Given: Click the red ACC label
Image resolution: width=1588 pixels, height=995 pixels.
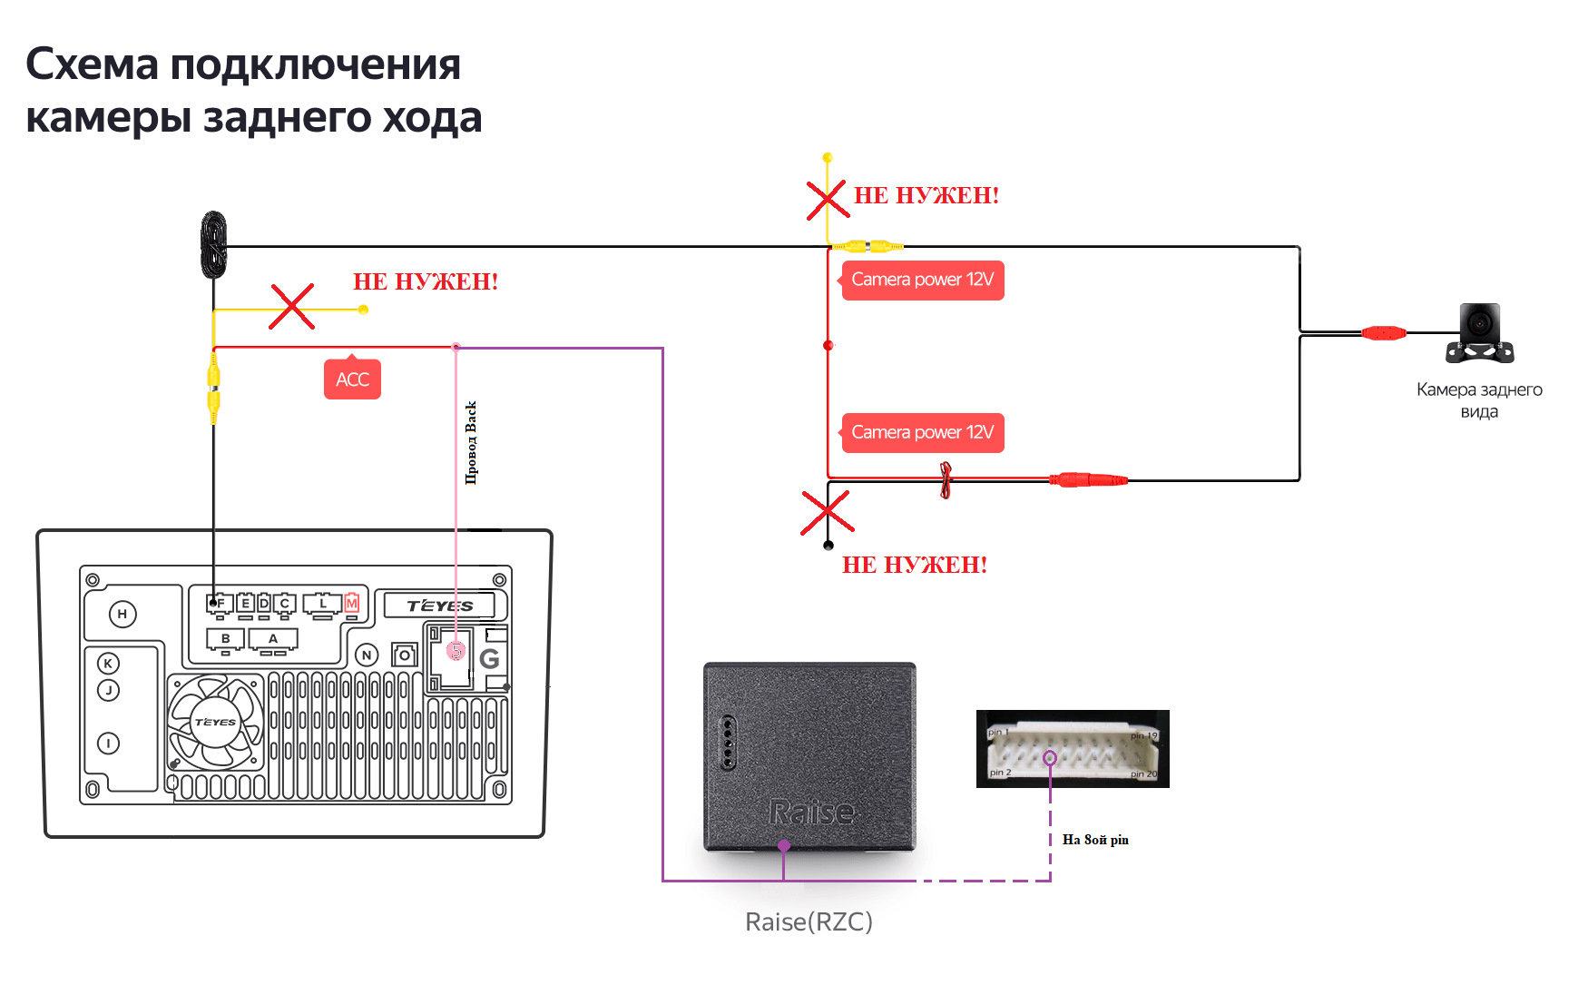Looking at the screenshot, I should [352, 379].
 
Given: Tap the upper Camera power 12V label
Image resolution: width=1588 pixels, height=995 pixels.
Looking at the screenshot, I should [922, 280].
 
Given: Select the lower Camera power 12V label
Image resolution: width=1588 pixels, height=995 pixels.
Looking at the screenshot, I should [922, 433].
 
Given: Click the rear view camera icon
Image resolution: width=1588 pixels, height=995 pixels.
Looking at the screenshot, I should [1480, 333].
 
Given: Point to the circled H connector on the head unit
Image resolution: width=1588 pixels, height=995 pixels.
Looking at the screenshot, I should [123, 615].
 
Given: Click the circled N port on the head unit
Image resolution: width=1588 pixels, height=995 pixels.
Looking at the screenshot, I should [367, 655].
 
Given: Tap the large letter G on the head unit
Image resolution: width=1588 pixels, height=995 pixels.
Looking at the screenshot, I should [490, 659].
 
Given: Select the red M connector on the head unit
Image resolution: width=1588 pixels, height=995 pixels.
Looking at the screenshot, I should [352, 604].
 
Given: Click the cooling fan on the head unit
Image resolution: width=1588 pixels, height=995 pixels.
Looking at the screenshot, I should [216, 723].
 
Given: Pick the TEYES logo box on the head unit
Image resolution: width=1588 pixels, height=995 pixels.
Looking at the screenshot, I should [440, 606].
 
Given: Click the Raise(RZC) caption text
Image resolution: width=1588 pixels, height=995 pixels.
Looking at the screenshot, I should [809, 922].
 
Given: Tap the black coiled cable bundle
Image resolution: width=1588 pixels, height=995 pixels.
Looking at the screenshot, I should [214, 243].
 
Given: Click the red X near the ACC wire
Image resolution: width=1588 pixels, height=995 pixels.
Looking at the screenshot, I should [291, 306].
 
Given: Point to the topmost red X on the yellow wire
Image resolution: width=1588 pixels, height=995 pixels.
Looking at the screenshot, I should [828, 200].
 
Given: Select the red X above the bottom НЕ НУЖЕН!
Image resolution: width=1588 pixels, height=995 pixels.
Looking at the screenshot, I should [827, 512].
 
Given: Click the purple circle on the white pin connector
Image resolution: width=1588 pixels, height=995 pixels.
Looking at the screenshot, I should [1050, 758].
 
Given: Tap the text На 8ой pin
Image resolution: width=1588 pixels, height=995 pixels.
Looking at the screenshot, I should [1095, 840].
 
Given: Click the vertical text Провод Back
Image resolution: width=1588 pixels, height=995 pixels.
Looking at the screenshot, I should [471, 442].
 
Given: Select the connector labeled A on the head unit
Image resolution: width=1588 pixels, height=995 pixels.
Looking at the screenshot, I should [273, 640].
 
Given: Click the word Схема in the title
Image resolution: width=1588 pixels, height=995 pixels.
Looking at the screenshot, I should [92, 65].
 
